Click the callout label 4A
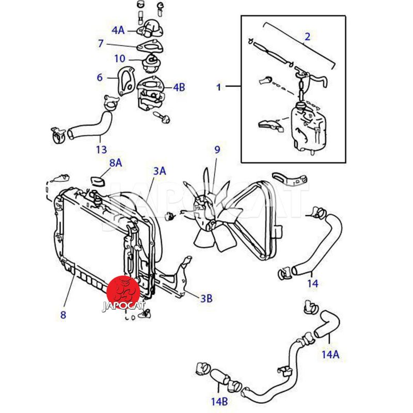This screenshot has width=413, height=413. point(118,30)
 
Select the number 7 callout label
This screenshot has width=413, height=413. point(101,44)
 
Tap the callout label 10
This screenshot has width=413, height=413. point(119,58)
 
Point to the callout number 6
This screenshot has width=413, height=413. point(100,77)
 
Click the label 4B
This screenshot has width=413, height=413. point(179,87)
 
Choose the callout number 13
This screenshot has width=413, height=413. point(101,150)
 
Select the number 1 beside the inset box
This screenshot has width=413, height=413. point(218,87)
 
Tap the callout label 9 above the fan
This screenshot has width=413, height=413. point(217,150)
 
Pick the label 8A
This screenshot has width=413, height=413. point(115,163)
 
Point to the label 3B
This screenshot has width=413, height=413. point(206,298)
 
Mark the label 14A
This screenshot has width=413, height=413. point(330,354)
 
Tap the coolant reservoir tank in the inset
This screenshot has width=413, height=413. point(307,126)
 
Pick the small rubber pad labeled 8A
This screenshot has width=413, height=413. point(98,181)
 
